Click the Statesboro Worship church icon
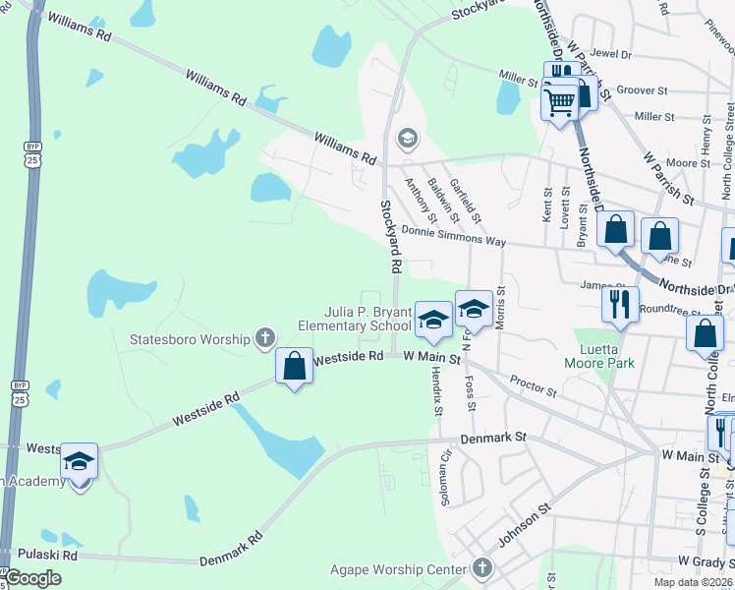click(x=263, y=339)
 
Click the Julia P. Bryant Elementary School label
click(x=354, y=319)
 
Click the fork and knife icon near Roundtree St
click(x=620, y=304)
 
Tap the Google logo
click(x=32, y=578)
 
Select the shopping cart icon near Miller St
click(x=559, y=100)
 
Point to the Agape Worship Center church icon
click(x=481, y=567)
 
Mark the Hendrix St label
click(x=436, y=392)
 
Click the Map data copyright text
click(x=693, y=582)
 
